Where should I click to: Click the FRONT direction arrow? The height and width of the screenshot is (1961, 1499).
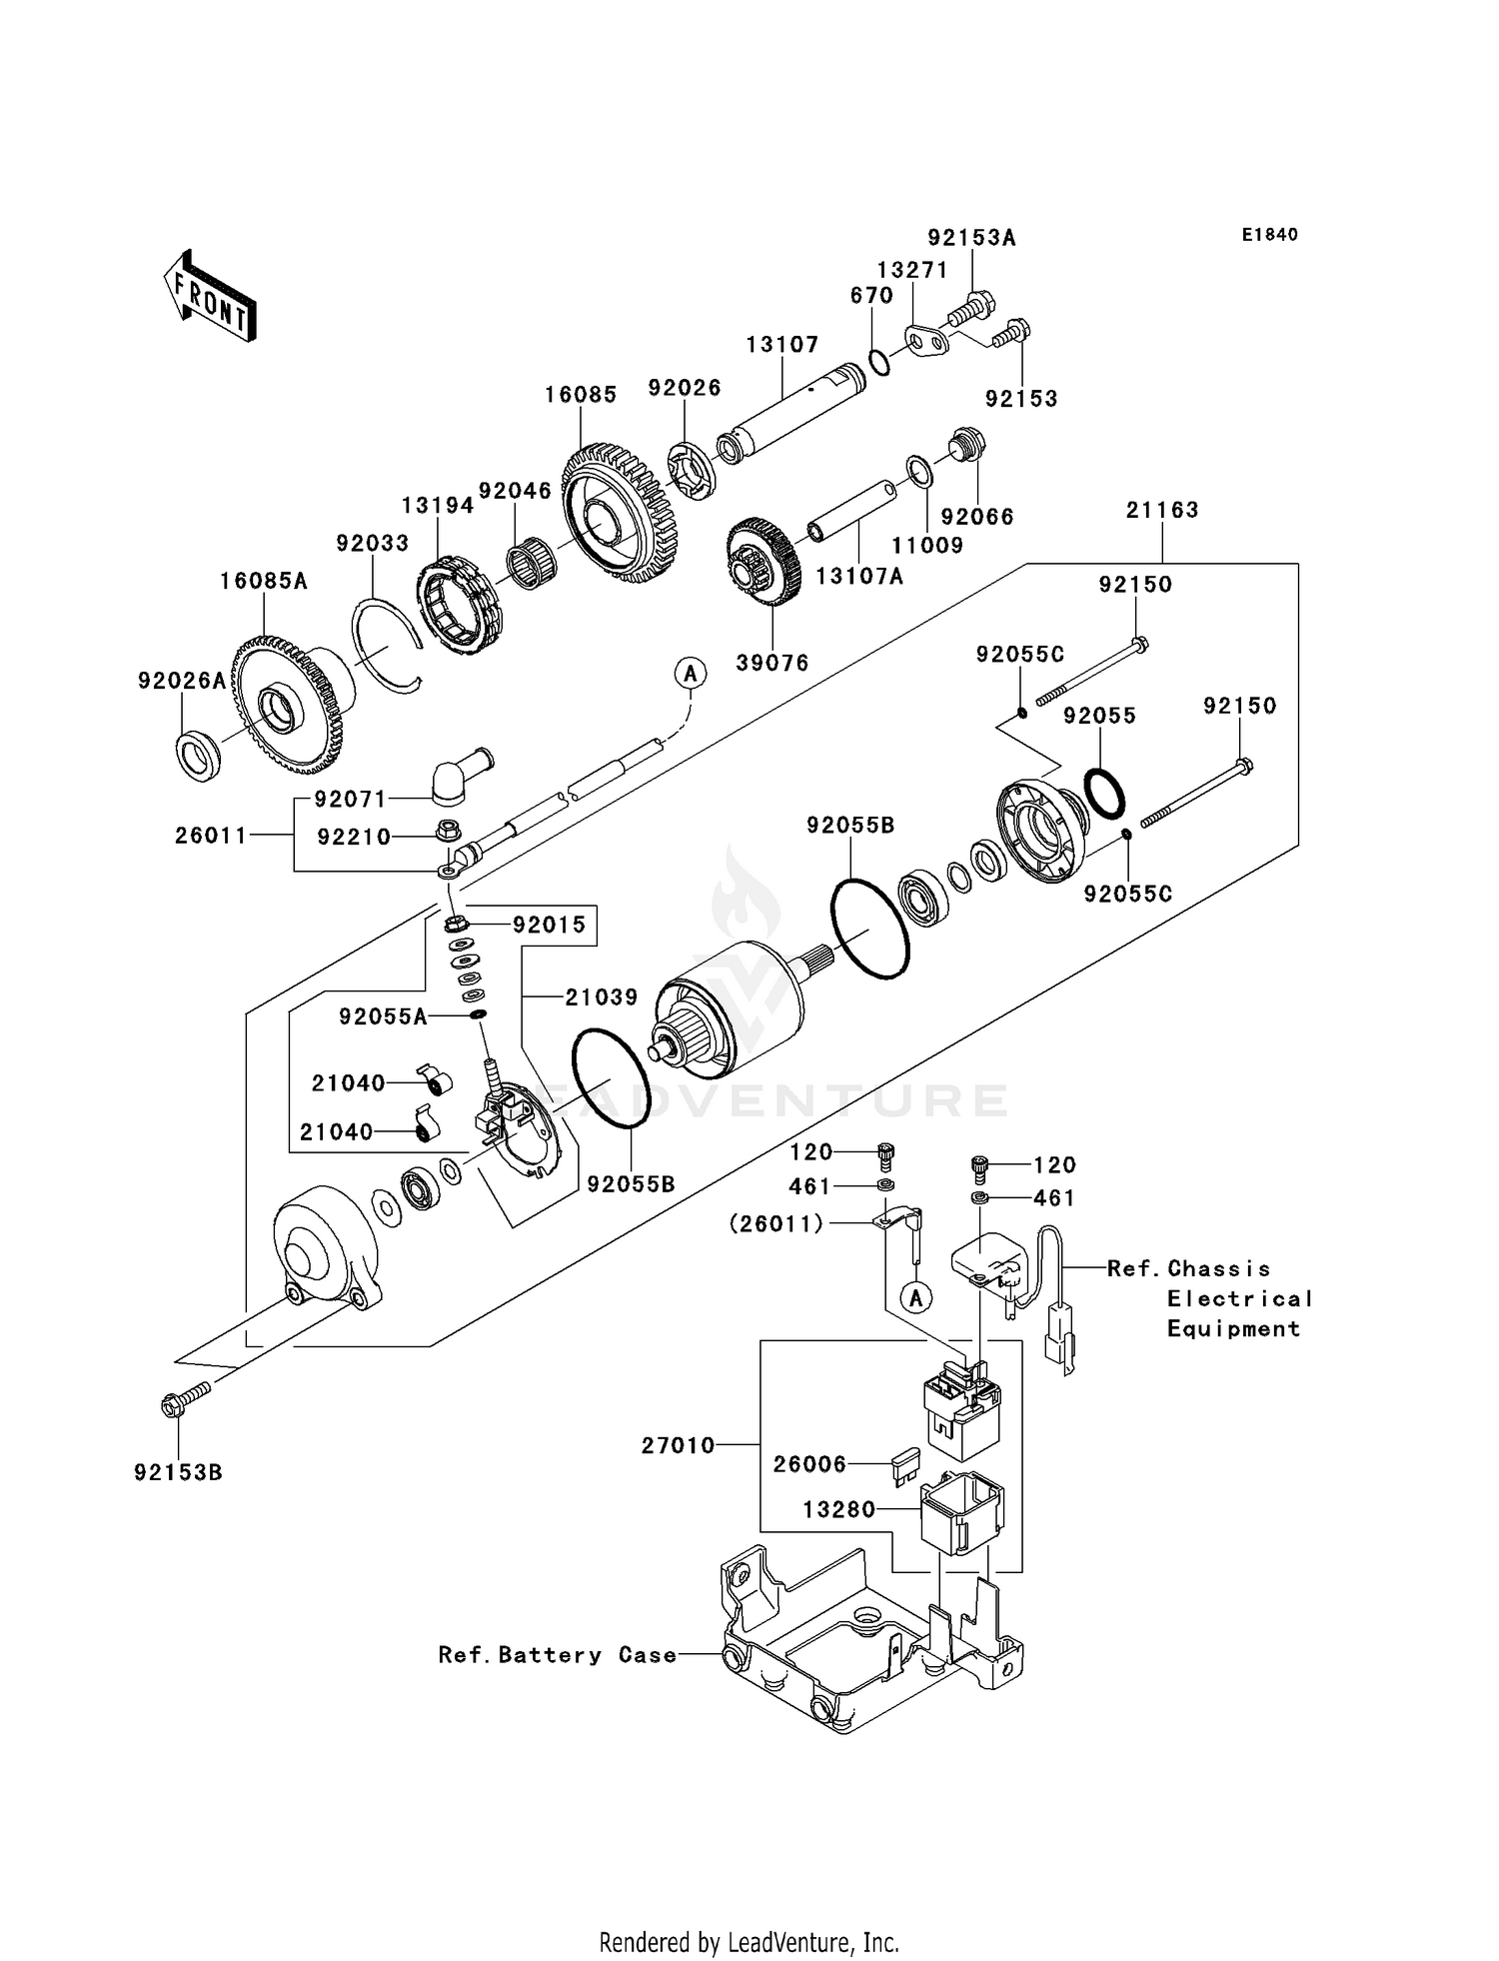tap(211, 297)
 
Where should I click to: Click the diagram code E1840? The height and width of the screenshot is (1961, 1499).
tap(1269, 235)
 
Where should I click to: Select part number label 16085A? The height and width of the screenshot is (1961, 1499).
tap(264, 581)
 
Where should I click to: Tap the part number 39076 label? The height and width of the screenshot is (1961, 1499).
tap(772, 663)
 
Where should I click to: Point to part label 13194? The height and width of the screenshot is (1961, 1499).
tap(438, 506)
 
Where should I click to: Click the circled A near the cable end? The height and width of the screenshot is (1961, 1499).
tap(690, 674)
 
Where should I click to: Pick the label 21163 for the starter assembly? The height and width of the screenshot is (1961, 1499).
tap(1161, 510)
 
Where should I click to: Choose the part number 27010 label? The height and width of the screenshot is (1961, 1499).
tap(679, 1445)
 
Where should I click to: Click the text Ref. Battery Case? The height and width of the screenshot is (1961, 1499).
tap(558, 1655)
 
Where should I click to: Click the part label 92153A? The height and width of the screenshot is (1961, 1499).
tap(971, 237)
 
